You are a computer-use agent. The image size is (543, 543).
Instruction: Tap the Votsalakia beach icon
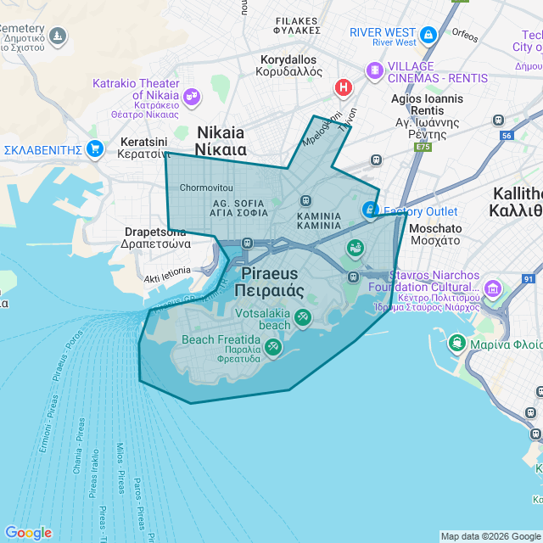(x=302, y=317)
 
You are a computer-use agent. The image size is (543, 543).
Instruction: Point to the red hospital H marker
(x=344, y=87)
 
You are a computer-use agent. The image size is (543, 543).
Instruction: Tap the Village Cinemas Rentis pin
(x=374, y=70)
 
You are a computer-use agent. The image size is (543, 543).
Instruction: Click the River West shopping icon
(x=428, y=35)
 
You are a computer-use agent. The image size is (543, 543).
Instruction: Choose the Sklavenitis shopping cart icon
(x=94, y=149)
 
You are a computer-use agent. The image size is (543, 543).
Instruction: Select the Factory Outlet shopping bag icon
(x=369, y=210)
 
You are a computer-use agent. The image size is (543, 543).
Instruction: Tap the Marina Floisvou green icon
(x=456, y=343)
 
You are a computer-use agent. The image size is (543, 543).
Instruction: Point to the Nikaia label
(x=221, y=141)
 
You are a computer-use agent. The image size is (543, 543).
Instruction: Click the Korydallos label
(x=289, y=65)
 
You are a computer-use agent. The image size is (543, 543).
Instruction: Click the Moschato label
(x=435, y=234)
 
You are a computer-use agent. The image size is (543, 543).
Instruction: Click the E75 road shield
(x=423, y=147)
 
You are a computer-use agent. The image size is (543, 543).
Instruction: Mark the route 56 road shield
(x=507, y=136)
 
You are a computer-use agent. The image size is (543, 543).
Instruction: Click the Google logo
(x=28, y=533)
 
